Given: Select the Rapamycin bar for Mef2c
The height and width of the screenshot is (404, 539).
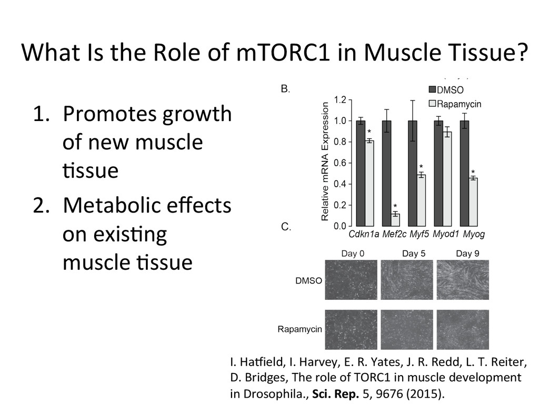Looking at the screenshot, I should [395, 220].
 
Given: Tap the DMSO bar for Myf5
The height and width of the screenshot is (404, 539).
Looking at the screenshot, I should [412, 174].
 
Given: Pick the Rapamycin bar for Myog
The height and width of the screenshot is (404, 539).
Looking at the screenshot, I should [473, 202].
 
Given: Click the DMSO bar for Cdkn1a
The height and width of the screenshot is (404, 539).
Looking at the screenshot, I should [361, 174].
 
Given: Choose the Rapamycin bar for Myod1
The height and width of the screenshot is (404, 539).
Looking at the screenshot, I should [447, 179].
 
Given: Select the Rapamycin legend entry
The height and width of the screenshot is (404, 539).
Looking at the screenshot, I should [453, 104].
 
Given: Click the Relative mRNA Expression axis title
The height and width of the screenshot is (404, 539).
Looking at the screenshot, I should [325, 161].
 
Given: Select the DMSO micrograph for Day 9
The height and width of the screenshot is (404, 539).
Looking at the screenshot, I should [463, 280].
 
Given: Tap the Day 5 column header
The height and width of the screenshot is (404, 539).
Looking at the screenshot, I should [413, 254].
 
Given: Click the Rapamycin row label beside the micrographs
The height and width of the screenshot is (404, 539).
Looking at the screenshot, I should [300, 330].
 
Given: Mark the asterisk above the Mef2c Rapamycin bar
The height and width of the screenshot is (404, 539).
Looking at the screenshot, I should [395, 206].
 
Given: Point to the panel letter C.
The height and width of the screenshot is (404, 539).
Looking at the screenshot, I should [286, 227].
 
